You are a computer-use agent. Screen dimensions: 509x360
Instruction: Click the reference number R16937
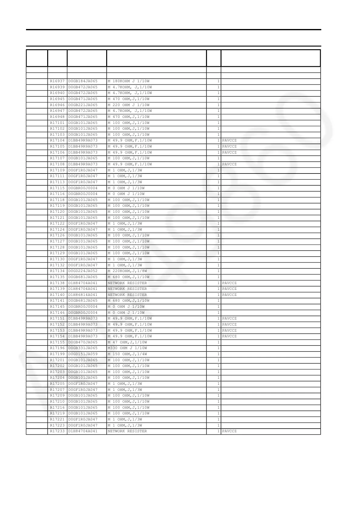57,81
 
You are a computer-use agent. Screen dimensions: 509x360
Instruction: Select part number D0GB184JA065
83,81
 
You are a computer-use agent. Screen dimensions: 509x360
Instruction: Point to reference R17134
57,271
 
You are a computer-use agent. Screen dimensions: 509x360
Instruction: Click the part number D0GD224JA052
83,271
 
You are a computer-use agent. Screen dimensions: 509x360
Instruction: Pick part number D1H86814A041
83,295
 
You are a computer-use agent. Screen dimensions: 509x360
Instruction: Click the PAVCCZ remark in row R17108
229,164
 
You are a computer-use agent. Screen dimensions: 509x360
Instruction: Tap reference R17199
57,354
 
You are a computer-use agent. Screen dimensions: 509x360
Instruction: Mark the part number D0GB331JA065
83,348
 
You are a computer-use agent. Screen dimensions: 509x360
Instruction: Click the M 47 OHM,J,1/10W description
127,342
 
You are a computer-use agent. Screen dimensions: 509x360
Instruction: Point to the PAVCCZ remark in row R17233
229,431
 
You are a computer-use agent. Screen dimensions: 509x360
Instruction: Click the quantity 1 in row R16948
218,117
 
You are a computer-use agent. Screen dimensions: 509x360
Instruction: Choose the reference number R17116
57,194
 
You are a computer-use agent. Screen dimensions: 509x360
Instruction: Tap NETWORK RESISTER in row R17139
127,289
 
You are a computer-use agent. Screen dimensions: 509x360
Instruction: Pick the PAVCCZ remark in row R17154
229,336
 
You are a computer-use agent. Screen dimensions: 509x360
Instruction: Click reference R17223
57,425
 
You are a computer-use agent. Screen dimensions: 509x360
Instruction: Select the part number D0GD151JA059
83,354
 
